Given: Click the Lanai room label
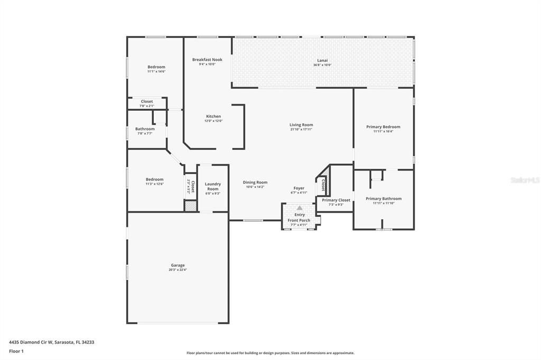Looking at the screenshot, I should (319, 61).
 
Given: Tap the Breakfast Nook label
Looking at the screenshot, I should (207, 60).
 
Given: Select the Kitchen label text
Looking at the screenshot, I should (213, 116).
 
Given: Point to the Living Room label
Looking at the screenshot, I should (301, 125).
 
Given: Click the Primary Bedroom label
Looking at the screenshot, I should (383, 127).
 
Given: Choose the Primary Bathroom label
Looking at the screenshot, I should (384, 198).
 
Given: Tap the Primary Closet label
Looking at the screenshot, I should (336, 200).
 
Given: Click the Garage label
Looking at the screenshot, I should (178, 266).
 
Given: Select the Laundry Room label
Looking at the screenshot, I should (213, 186).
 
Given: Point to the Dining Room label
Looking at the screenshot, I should (255, 183).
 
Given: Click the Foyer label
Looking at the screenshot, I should (299, 188).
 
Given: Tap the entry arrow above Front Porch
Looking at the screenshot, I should (300, 208).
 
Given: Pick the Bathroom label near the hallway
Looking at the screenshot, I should (145, 129).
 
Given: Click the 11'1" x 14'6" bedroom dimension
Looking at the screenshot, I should (156, 71).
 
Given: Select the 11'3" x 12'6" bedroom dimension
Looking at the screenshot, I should (155, 184).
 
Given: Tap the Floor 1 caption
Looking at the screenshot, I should (16, 351).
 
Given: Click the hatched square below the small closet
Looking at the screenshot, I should (190, 206).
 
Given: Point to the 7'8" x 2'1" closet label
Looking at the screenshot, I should (146, 106).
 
